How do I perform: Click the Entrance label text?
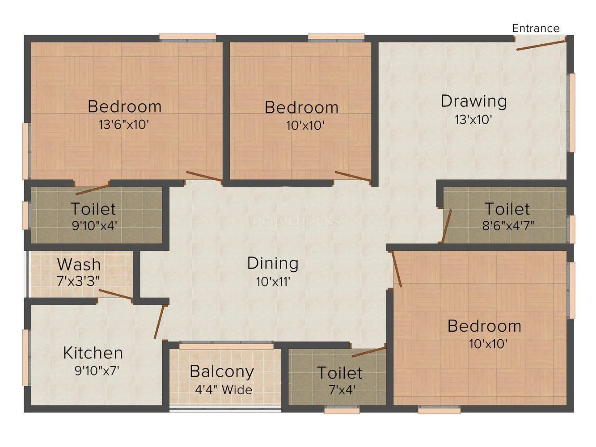pyautogui.click(x=535, y=28)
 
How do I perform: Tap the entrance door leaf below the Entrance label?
pyautogui.click(x=541, y=44)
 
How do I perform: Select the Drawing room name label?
pyautogui.click(x=473, y=101)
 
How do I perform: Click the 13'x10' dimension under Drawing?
pyautogui.click(x=473, y=120)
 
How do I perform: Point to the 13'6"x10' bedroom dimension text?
pyautogui.click(x=123, y=125)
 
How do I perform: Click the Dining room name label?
pyautogui.click(x=273, y=263)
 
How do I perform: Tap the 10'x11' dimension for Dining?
pyautogui.click(x=273, y=282)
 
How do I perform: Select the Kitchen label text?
pyautogui.click(x=93, y=353)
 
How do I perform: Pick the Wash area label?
pyautogui.click(x=79, y=265)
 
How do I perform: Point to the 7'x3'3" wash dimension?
pyautogui.click(x=78, y=281)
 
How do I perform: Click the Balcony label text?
pyautogui.click(x=222, y=371)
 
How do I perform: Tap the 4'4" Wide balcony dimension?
pyautogui.click(x=223, y=390)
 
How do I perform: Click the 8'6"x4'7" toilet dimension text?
pyautogui.click(x=507, y=226)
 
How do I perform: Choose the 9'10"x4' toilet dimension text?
pyautogui.click(x=94, y=226)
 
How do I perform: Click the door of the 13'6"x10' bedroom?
pyautogui.click(x=204, y=176)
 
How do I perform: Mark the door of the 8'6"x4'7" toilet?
pyautogui.click(x=447, y=226)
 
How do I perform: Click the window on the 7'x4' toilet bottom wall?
pyautogui.click(x=342, y=409)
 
